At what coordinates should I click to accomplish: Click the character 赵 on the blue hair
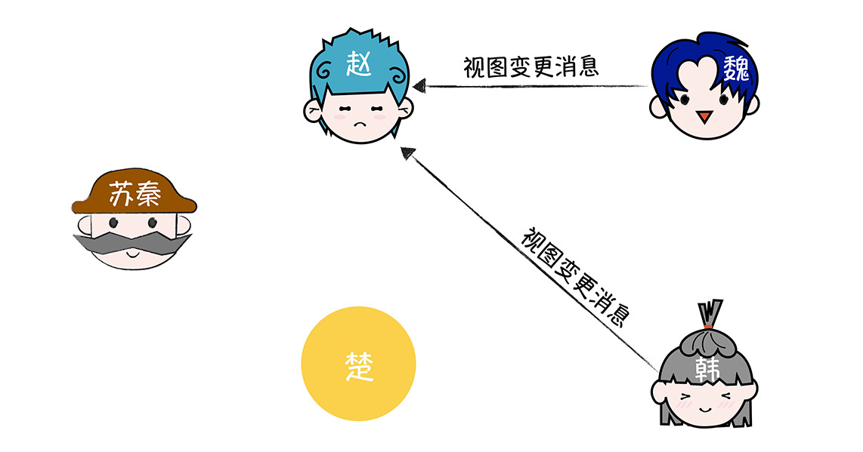pos(358,63)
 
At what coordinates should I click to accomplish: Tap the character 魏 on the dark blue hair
pos(735,69)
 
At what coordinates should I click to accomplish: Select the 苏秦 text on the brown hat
pos(135,193)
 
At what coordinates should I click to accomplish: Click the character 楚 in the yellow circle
pos(359,366)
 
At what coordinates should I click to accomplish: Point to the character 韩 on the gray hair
pos(707,369)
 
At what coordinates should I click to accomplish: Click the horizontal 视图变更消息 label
pos(530,67)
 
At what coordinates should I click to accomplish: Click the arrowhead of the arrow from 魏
pos(419,86)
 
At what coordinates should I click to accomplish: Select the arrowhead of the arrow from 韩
pos(407,153)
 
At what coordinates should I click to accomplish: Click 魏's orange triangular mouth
pos(704,116)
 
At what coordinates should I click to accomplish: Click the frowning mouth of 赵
pos(360,124)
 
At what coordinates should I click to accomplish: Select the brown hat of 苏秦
pos(134,192)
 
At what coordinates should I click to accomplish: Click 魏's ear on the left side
pos(657,106)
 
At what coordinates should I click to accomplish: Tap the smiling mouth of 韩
pos(706,409)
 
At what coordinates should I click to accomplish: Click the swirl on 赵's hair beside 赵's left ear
pos(323,70)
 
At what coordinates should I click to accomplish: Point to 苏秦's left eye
pos(113,223)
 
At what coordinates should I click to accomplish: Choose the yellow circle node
pos(358,364)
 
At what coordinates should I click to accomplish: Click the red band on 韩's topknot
pos(708,327)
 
